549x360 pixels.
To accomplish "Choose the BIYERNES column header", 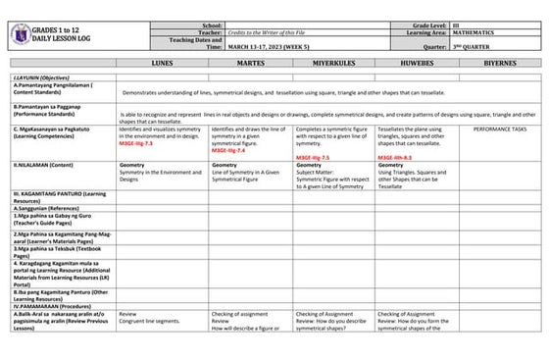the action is click(x=499, y=62).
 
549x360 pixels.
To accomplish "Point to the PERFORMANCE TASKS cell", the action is click(x=499, y=129).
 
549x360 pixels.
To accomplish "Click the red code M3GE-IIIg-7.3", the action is click(x=139, y=144).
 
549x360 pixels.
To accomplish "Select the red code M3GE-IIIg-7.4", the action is click(x=228, y=150).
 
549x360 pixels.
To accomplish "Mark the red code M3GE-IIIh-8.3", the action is click(x=395, y=157).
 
